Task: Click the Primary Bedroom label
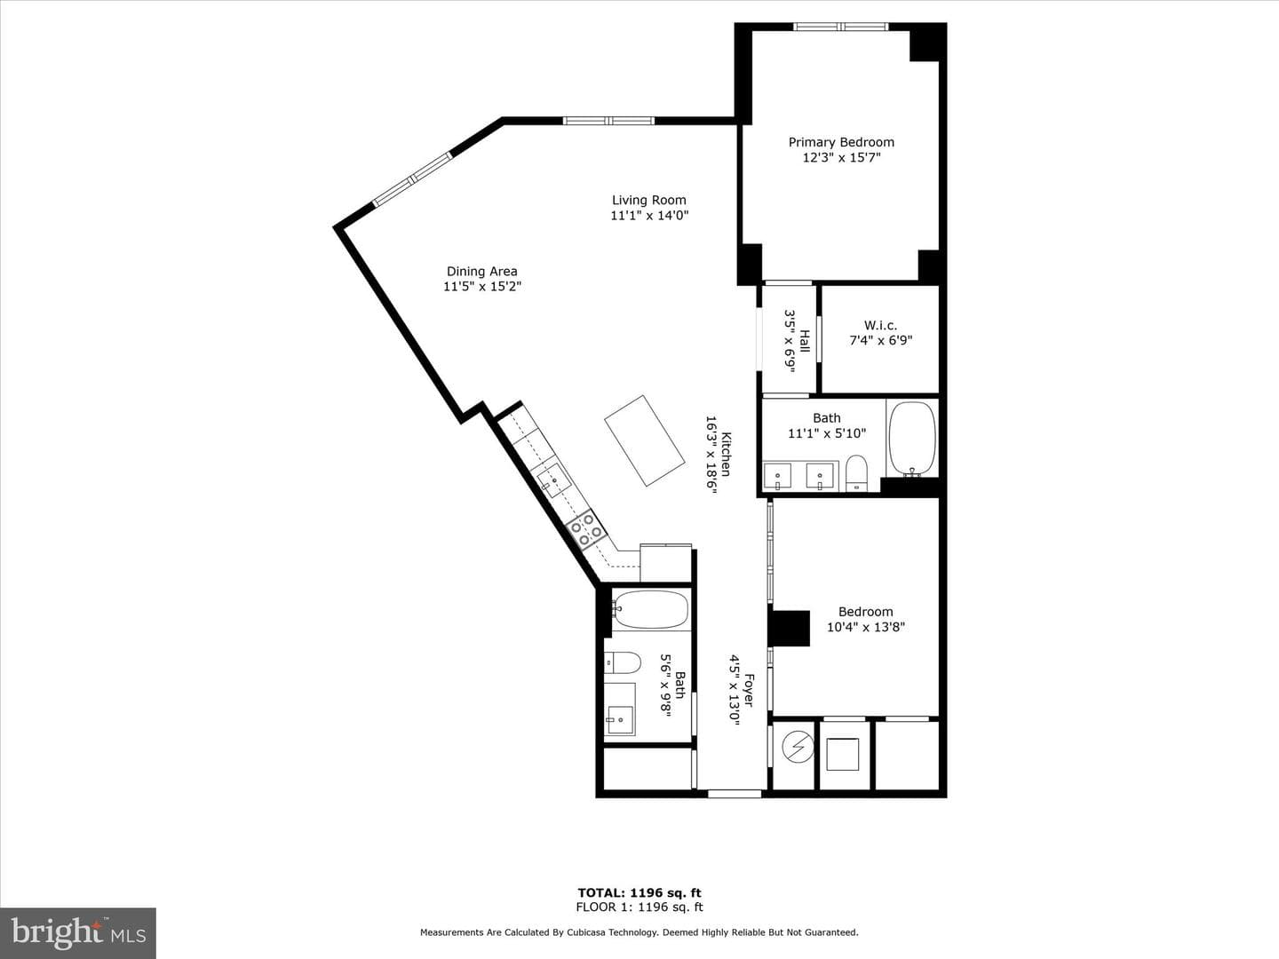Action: click(841, 142)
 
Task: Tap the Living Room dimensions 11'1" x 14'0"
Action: click(649, 216)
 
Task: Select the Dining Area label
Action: click(482, 272)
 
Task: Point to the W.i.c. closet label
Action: click(880, 325)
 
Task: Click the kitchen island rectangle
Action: click(645, 440)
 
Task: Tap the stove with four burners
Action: click(586, 529)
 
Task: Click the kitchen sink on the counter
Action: click(553, 480)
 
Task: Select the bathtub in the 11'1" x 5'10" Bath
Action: click(912, 439)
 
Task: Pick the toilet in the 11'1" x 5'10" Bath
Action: click(856, 472)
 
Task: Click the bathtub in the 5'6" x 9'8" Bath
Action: click(650, 610)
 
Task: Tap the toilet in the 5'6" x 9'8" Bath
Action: click(623, 662)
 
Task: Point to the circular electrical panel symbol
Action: click(797, 747)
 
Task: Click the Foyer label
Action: click(750, 691)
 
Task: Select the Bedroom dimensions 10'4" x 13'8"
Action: click(866, 627)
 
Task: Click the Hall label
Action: click(804, 341)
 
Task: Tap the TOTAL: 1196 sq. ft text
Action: click(639, 892)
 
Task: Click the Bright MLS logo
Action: click(78, 932)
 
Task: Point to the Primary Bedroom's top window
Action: click(841, 27)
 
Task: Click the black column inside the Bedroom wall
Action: click(790, 629)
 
